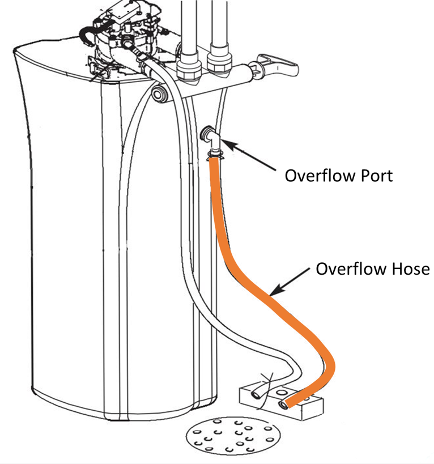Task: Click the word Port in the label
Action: click(371, 175)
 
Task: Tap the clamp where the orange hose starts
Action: click(214, 153)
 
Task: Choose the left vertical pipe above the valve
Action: click(189, 34)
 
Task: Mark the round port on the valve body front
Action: click(159, 94)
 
